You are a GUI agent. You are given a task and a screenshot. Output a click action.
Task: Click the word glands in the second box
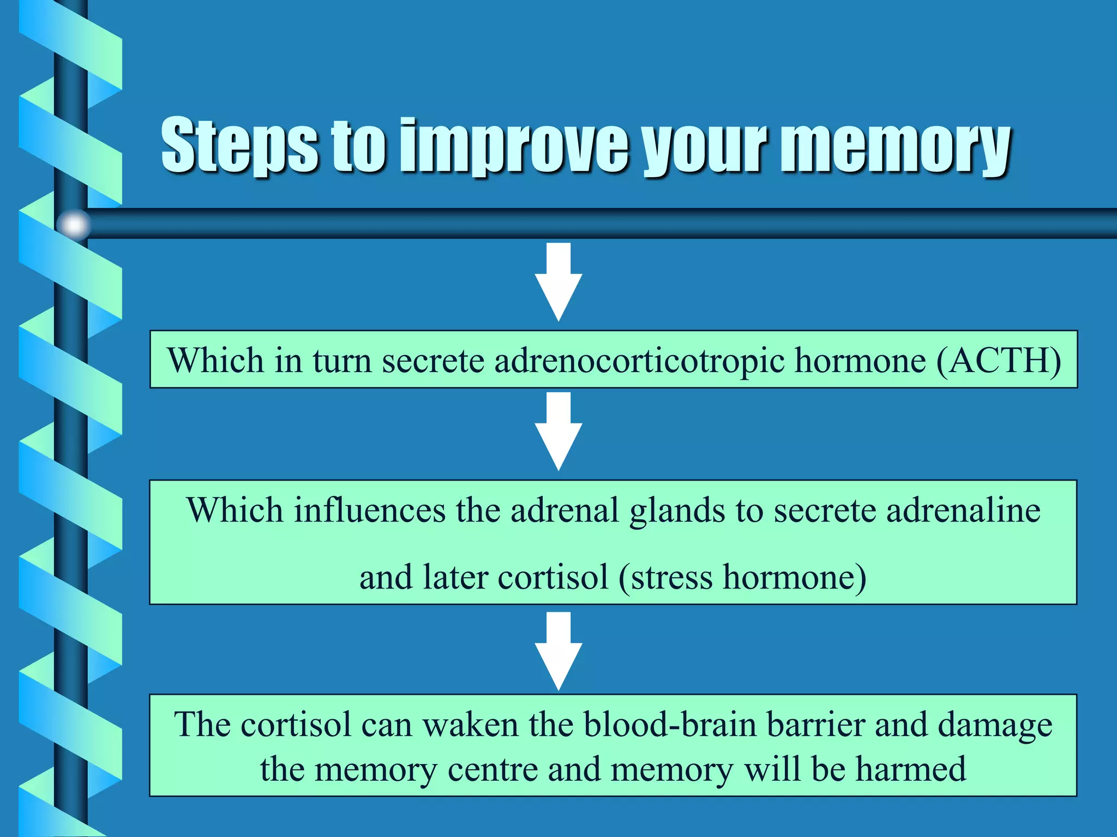pos(677,511)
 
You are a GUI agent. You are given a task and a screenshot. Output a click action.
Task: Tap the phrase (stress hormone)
pos(742,577)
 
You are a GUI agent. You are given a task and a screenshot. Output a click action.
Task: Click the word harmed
pos(910,769)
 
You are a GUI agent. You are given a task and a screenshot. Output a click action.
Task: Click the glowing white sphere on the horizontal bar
pos(74,224)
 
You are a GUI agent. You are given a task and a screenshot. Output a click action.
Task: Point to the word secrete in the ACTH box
pos(433,360)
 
